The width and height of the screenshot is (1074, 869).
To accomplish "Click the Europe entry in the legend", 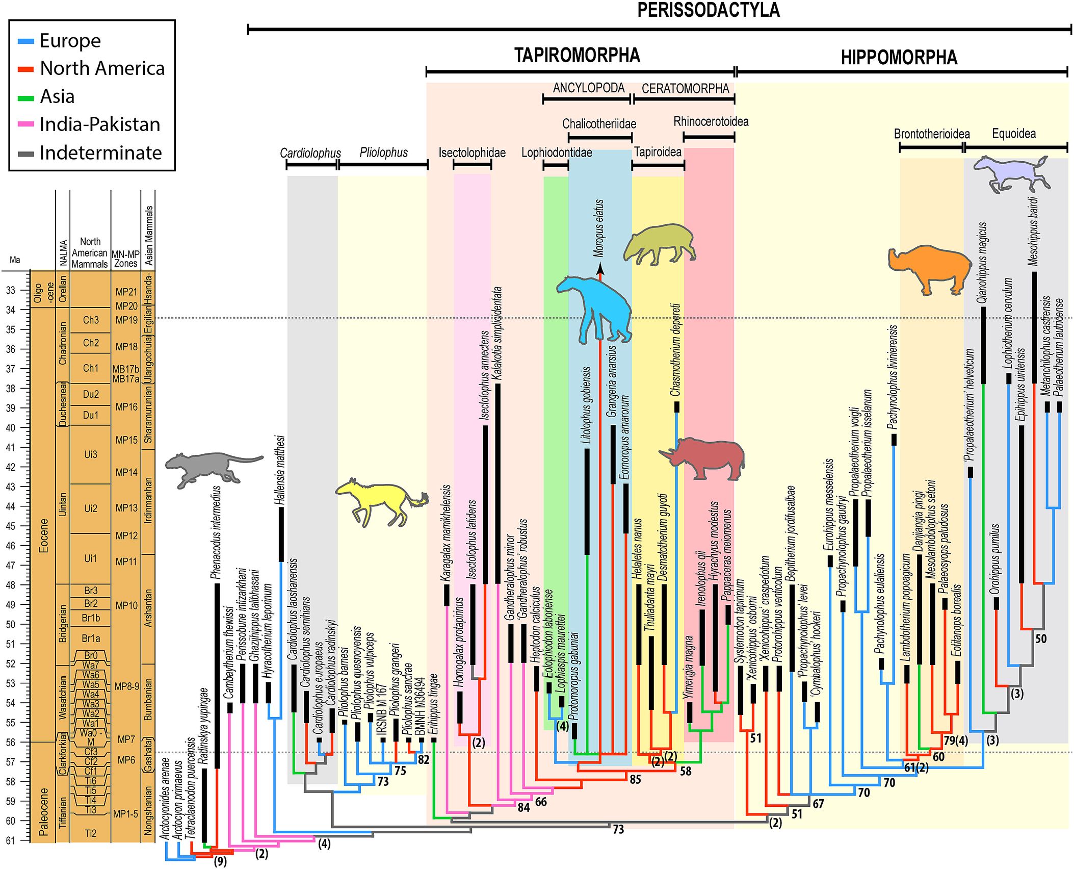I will tap(70, 41).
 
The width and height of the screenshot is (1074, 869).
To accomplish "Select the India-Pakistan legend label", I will tap(100, 124).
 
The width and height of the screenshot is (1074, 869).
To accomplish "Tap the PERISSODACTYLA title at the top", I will tap(708, 10).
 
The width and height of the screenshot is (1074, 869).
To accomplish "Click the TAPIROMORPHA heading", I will tap(577, 55).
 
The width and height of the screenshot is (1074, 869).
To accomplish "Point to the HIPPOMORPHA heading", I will tap(899, 58).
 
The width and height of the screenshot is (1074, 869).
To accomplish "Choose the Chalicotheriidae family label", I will tap(599, 124).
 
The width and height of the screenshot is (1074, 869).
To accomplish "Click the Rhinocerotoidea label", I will tap(711, 122).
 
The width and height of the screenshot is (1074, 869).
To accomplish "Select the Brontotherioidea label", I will tap(931, 134).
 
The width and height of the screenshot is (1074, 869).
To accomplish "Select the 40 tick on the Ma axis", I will tap(11, 427).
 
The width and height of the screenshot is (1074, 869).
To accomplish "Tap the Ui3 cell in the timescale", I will tap(90, 454).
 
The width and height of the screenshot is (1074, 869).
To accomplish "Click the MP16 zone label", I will tap(126, 407).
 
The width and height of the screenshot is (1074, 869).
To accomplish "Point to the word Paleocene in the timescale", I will tap(44, 811).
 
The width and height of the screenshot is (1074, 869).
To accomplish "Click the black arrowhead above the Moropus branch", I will tap(600, 269).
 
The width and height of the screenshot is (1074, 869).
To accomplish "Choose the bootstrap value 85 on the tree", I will tap(635, 779).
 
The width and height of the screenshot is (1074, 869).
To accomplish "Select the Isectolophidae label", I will tap(471, 153).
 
